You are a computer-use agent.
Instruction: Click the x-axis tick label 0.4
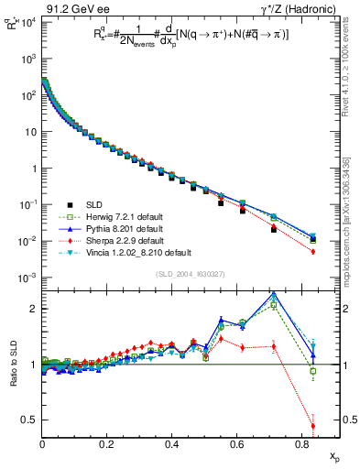tap(172, 444)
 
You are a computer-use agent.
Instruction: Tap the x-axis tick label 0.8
tap(301, 444)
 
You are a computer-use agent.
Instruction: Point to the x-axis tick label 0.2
tap(107, 444)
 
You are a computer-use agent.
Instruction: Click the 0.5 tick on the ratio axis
tap(29, 420)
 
